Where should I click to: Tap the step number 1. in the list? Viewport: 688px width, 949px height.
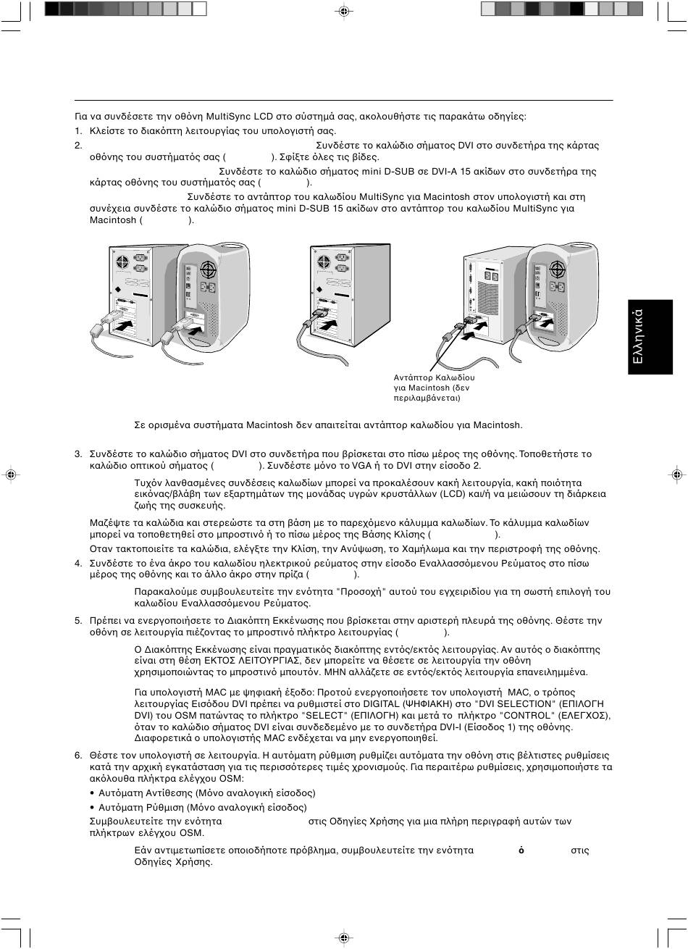click(78, 131)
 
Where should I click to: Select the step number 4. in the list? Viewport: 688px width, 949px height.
click(78, 563)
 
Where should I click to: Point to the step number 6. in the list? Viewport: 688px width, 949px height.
click(78, 755)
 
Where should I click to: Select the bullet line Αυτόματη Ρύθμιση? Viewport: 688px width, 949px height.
click(202, 807)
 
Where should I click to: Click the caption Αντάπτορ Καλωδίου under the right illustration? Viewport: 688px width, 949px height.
click(434, 377)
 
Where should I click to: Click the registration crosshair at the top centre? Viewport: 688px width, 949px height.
click(344, 10)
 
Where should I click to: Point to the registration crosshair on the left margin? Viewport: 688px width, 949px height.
click(10, 474)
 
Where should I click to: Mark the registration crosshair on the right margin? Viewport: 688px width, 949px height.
click(676, 474)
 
